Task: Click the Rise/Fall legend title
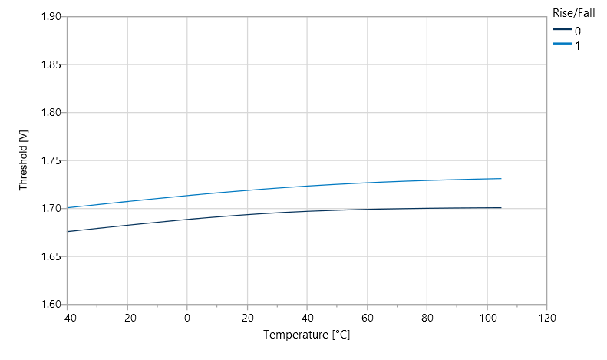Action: (573, 12)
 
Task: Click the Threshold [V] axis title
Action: (24, 160)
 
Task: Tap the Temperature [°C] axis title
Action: (307, 335)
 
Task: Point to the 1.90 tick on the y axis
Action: (50, 17)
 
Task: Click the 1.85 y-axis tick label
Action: (50, 64)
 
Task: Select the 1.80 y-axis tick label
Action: (50, 113)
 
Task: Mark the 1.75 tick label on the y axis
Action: (50, 160)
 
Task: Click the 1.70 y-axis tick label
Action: (50, 209)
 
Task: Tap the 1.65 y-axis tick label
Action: (50, 256)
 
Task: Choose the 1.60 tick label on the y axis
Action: (50, 305)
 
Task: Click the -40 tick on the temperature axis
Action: (68, 317)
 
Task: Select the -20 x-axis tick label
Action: (127, 317)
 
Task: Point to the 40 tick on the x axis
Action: (307, 317)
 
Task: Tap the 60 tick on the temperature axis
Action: (367, 317)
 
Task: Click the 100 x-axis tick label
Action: (487, 317)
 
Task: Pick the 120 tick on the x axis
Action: (546, 317)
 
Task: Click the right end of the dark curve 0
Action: (500, 208)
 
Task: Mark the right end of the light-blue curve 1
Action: (500, 179)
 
